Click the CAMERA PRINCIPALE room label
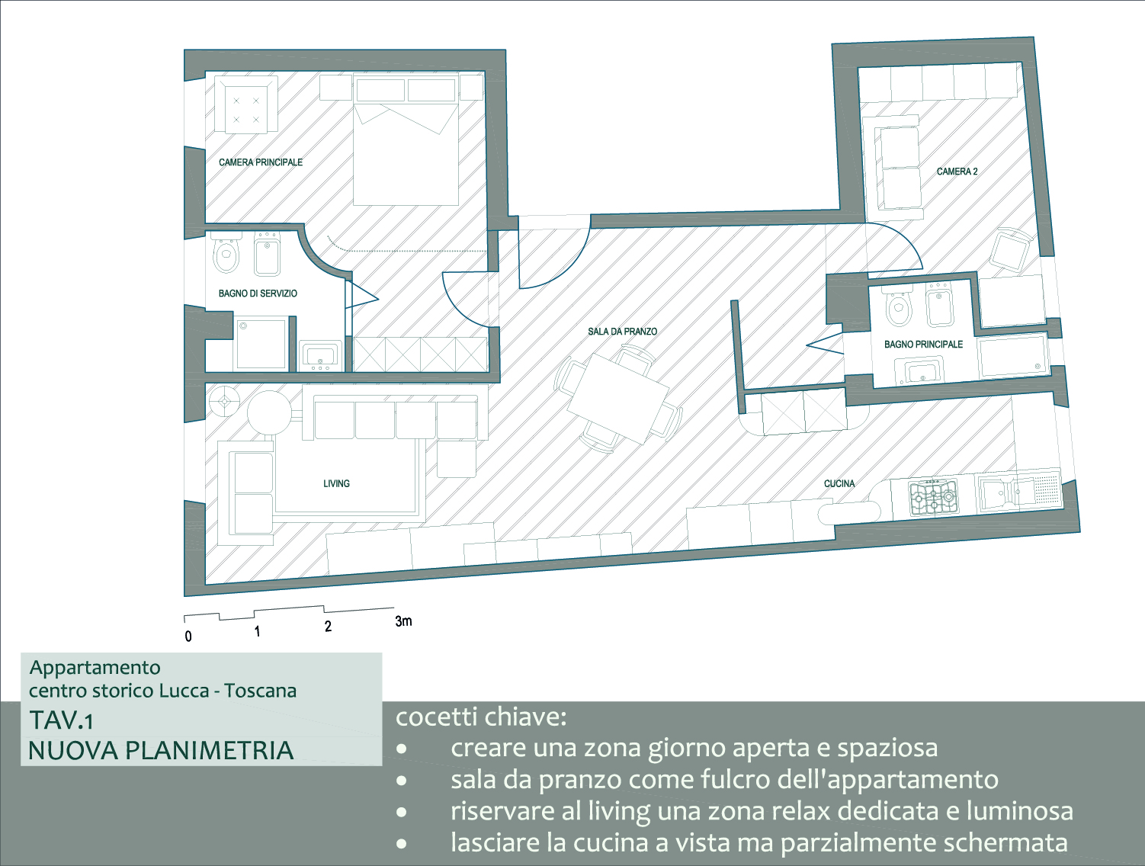(x=260, y=162)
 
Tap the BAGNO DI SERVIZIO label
(x=258, y=293)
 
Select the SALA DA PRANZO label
(x=622, y=332)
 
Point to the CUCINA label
(x=839, y=483)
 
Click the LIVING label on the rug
(x=336, y=483)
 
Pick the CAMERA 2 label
(x=957, y=171)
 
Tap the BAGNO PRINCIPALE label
(x=923, y=345)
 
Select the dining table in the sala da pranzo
(x=618, y=399)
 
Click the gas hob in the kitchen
(x=933, y=498)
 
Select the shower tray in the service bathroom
(x=260, y=343)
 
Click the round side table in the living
(x=269, y=412)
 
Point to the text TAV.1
(x=62, y=720)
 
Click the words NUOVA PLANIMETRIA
(x=161, y=751)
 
